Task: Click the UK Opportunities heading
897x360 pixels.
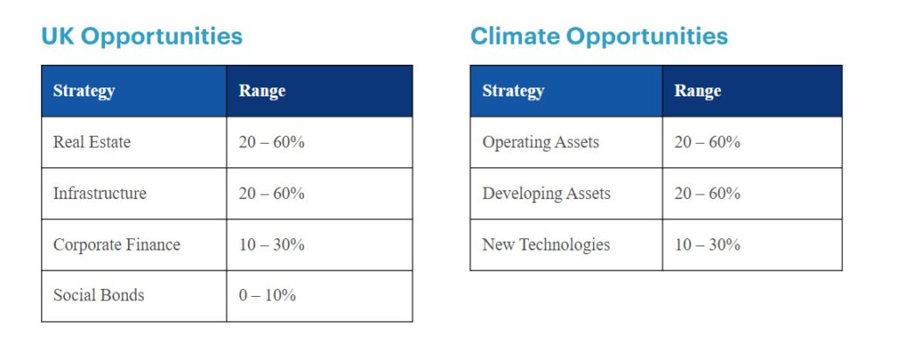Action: [x=142, y=37]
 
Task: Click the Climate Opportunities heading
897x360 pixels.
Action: [x=599, y=37]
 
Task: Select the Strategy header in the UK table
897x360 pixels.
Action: [x=84, y=91]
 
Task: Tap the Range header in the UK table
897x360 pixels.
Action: [x=262, y=90]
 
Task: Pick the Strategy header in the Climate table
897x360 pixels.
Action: [x=513, y=91]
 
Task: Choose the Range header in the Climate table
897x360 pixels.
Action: [x=697, y=90]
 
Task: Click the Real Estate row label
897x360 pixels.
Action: [x=92, y=142]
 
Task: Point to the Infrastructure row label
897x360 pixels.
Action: [x=100, y=194]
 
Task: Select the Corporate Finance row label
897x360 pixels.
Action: [x=117, y=245]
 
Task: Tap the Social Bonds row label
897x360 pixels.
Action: [x=98, y=295]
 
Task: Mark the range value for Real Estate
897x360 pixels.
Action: [x=272, y=142]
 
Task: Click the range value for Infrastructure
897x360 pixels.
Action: [x=272, y=194]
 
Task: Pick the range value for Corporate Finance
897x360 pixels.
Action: [x=272, y=245]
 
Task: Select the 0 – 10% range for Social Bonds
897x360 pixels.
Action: [x=267, y=295]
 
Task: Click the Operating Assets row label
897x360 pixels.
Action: [x=540, y=142]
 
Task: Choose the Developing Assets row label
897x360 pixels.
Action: [x=547, y=194]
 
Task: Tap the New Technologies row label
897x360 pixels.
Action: [x=547, y=245]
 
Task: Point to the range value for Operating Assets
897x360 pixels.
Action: [x=707, y=142]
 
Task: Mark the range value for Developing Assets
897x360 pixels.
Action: [x=707, y=194]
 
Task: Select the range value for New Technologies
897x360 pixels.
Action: [x=707, y=245]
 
